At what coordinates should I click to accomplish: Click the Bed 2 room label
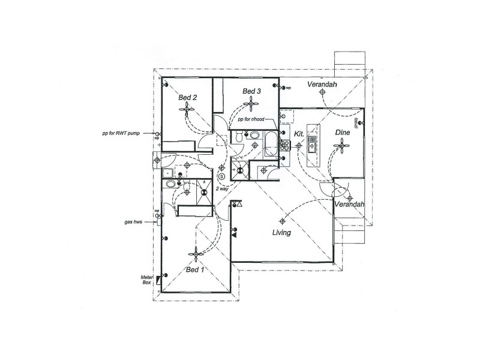pos(188,97)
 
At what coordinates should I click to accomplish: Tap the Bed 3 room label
pos(251,91)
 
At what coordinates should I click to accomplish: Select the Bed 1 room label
pos(195,271)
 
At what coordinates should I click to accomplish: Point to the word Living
pos(281,233)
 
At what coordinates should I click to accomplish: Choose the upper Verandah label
pos(322,85)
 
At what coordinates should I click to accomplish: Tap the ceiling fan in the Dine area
pos(342,145)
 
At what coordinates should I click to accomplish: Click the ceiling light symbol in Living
pos(281,219)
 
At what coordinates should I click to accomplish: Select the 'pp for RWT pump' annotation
pos(121,133)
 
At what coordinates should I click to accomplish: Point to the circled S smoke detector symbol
pos(221,176)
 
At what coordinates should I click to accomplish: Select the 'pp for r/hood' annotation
pos(251,120)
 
